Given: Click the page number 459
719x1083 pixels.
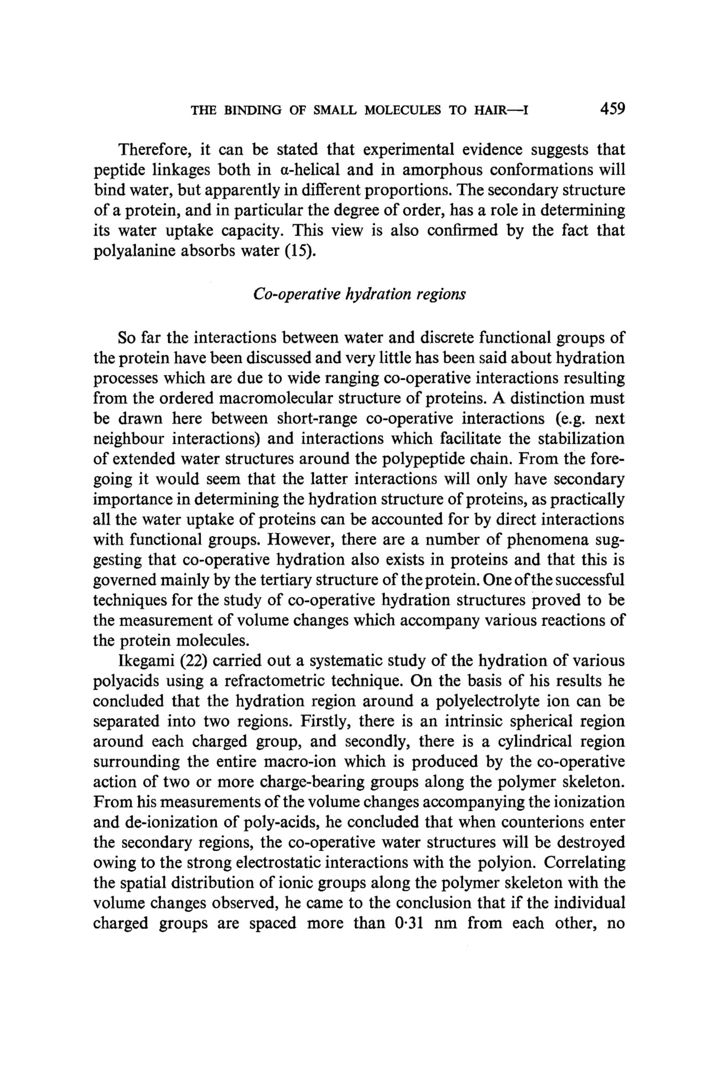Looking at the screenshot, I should pos(612,109).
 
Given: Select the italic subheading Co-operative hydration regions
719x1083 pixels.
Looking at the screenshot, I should pos(359,294).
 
